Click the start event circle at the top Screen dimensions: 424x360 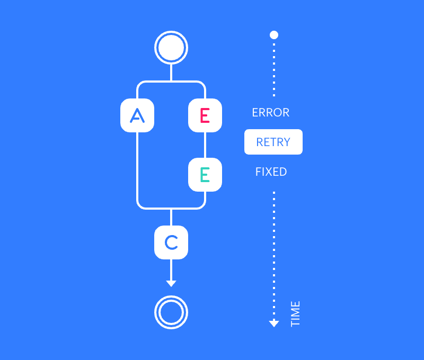[171, 48]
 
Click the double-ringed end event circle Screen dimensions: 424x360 [171, 312]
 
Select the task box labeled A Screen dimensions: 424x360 [137, 115]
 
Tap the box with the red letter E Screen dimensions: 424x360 [205, 115]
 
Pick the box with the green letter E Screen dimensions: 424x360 [205, 175]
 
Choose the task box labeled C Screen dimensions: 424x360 [171, 242]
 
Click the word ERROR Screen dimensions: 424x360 [271, 113]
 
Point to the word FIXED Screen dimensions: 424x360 [271, 172]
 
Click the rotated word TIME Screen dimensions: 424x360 [296, 314]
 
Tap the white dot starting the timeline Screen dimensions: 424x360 [274, 35]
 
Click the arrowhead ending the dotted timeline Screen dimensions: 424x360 [274, 323]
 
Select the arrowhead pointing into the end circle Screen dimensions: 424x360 [171, 283]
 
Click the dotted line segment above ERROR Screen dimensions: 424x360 [274, 69]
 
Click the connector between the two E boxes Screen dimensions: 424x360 [205, 145]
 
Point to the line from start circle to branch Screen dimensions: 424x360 [171, 73]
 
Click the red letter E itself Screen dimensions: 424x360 [205, 115]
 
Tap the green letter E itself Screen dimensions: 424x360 [205, 175]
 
